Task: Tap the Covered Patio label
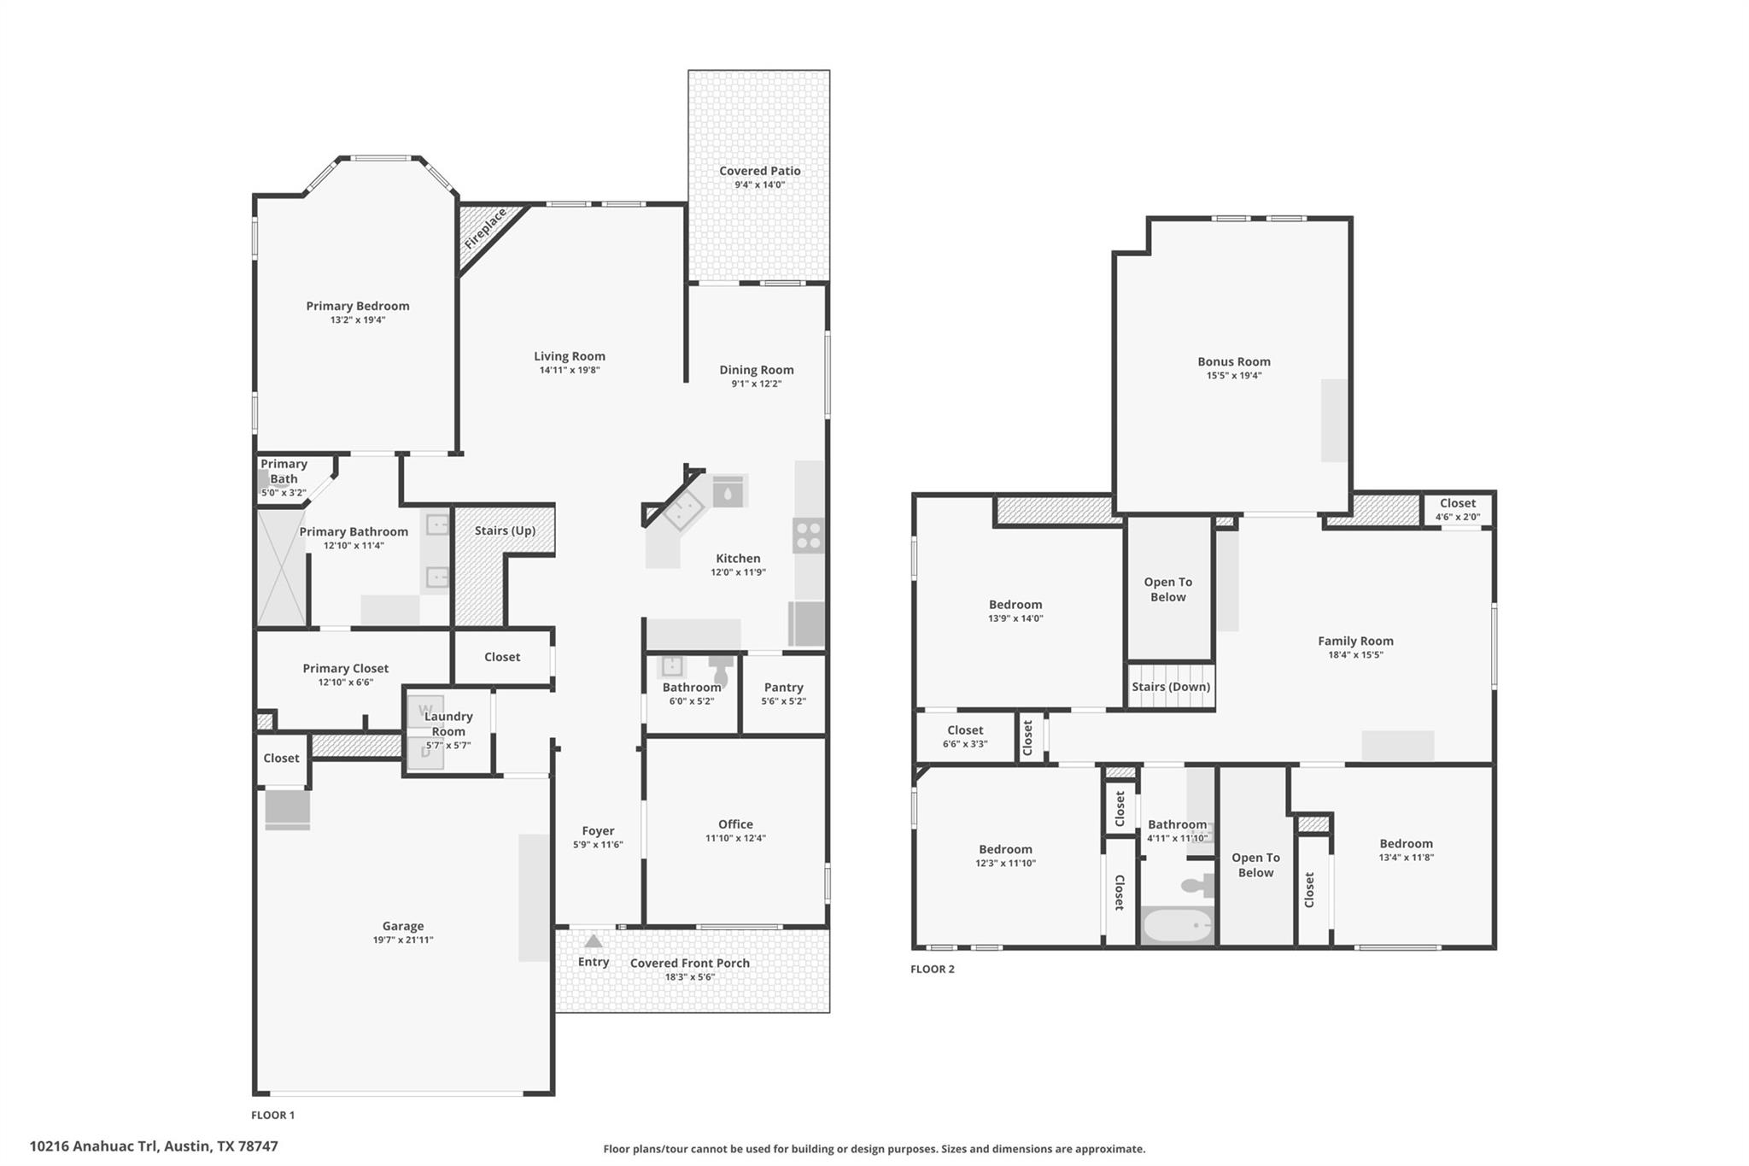pos(759,171)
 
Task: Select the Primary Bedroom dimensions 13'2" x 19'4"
pos(358,320)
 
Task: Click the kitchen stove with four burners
pos(808,536)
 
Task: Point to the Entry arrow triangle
pos(594,941)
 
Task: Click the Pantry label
pos(783,687)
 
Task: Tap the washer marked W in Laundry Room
pos(425,711)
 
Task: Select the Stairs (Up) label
pos(505,530)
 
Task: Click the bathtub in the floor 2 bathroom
pos(1177,925)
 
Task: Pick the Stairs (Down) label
pos(1170,687)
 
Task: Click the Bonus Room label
pos(1233,361)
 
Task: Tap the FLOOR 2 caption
pos(932,969)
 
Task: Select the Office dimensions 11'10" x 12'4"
pos(735,838)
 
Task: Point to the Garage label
pos(402,926)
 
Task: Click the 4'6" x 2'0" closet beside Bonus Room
pos(1457,509)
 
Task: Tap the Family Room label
pos(1354,641)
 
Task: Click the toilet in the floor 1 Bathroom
pos(721,671)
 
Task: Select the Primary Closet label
pos(345,668)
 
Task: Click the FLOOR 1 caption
pos(272,1115)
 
